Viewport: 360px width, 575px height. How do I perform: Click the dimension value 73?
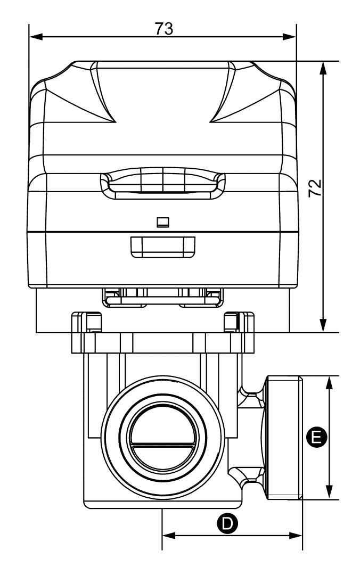[164, 29]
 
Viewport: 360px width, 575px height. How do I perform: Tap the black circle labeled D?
[227, 523]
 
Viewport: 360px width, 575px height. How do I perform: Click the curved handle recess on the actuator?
[162, 183]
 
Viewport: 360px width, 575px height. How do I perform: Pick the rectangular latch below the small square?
[162, 246]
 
